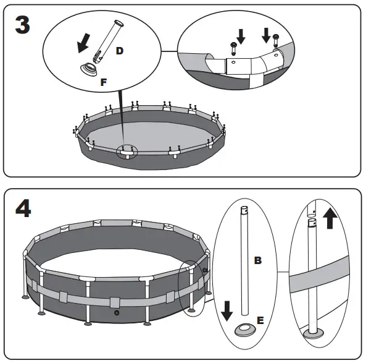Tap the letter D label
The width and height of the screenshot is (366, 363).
[x=119, y=51]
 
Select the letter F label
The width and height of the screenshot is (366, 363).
[x=103, y=81]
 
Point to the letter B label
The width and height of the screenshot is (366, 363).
[x=258, y=260]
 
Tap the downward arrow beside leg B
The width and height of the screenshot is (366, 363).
[x=226, y=309]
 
